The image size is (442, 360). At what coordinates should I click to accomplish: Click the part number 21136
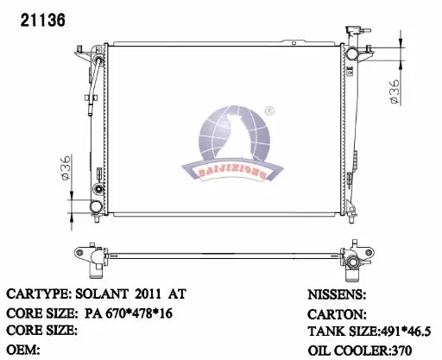tap(43, 21)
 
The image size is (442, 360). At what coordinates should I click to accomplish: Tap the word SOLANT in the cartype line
tap(102, 294)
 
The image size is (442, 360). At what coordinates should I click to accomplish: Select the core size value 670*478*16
tap(139, 313)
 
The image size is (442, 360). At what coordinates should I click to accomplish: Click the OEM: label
tap(23, 350)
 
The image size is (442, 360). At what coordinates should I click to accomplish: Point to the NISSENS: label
tap(337, 294)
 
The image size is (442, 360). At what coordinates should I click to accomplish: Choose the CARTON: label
tap(337, 314)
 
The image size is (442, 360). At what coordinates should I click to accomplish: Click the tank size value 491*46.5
tap(406, 332)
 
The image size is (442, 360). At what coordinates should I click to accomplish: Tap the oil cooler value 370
tap(401, 351)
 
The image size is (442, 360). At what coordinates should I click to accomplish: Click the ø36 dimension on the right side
tap(395, 92)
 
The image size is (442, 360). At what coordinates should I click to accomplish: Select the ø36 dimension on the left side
tap(66, 168)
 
